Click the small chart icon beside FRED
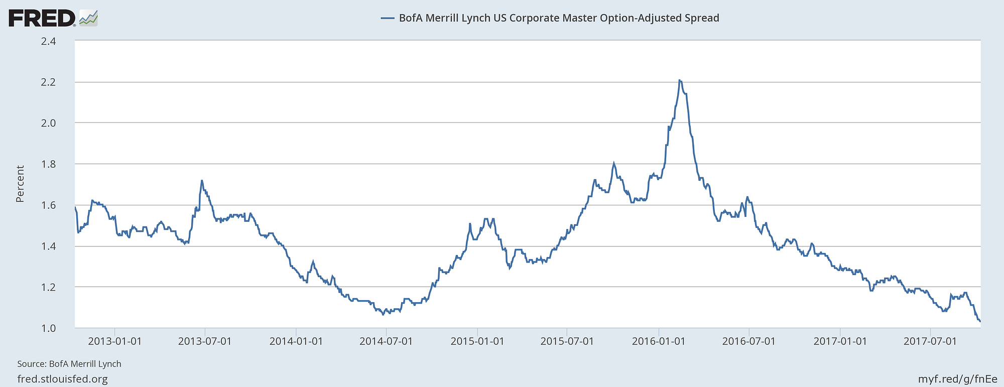click(x=88, y=18)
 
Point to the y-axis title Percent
click(x=20, y=184)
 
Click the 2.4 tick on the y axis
click(x=48, y=41)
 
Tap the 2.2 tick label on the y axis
click(x=48, y=82)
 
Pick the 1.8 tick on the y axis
click(x=48, y=164)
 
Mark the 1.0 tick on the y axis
click(x=48, y=328)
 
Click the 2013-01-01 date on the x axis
click(x=114, y=341)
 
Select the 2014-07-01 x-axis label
click(x=386, y=341)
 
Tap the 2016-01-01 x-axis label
click(x=659, y=341)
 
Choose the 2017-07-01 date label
click(x=930, y=341)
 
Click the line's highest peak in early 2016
click(x=679, y=80)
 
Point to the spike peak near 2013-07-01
click(x=201, y=180)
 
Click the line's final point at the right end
click(x=980, y=321)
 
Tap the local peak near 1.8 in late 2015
click(x=613, y=164)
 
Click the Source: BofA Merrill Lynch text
click(x=69, y=364)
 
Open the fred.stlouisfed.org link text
click(x=62, y=379)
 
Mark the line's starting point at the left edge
click(x=75, y=207)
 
